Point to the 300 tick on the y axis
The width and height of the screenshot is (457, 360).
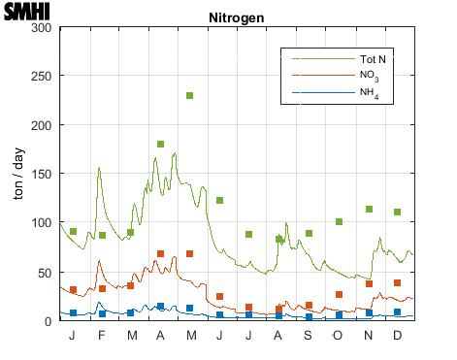click(x=41, y=27)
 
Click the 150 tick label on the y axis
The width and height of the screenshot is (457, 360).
click(x=41, y=174)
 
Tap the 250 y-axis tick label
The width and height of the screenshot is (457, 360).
click(x=41, y=76)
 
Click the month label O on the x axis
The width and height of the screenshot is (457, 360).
click(x=339, y=335)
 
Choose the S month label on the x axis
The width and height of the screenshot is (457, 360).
click(x=309, y=335)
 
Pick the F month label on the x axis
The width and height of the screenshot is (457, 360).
click(x=102, y=335)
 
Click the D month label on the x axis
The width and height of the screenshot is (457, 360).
click(x=398, y=335)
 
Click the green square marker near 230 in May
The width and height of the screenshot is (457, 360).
click(x=190, y=96)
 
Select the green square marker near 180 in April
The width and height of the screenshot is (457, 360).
click(x=160, y=144)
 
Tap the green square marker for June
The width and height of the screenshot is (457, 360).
click(x=220, y=200)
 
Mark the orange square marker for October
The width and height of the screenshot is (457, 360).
click(x=339, y=294)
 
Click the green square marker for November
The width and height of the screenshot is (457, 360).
click(x=369, y=209)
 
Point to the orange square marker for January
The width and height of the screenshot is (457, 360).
click(x=73, y=289)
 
